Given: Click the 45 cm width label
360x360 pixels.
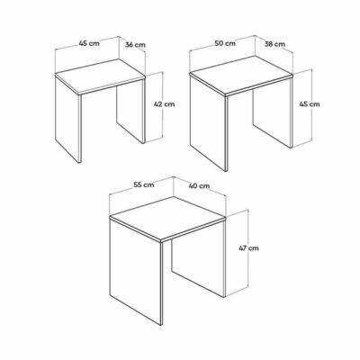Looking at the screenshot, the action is pyautogui.click(x=89, y=43).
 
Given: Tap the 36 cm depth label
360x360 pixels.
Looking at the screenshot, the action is pyautogui.click(x=135, y=45).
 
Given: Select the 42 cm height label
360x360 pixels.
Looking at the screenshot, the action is pyautogui.click(x=164, y=104).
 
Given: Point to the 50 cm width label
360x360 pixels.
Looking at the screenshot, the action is pyautogui.click(x=225, y=43).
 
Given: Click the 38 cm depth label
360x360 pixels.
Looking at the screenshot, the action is pyautogui.click(x=274, y=44).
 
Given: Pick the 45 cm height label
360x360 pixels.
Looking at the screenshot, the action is pyautogui.click(x=310, y=104).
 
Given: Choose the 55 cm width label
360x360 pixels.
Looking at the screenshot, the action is pyautogui.click(x=143, y=184).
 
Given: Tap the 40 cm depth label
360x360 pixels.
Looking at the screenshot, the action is pyautogui.click(x=199, y=186).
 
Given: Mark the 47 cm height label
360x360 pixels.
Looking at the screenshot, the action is pyautogui.click(x=248, y=248).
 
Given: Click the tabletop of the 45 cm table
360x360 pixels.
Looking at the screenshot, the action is pyautogui.click(x=100, y=76).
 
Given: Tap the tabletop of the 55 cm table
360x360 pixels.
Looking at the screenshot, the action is pyautogui.click(x=167, y=219).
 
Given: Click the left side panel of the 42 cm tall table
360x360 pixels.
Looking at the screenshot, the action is pyautogui.click(x=68, y=119).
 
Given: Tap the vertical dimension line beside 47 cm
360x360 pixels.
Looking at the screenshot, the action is pyautogui.click(x=248, y=251).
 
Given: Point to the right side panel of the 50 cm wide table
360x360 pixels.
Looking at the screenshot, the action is pyautogui.click(x=273, y=112).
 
